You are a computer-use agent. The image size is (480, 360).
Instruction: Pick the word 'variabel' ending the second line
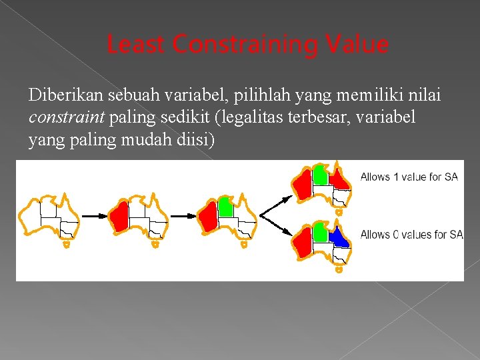[x=389, y=118]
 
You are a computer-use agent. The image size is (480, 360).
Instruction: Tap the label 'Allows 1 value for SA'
[x=409, y=177]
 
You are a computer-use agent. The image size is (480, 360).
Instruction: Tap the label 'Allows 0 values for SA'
[x=411, y=234]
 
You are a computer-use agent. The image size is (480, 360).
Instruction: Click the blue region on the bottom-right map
[x=339, y=237]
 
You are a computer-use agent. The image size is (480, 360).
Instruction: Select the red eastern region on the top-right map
[x=339, y=179]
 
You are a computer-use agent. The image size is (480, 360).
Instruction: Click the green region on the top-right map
[x=320, y=175]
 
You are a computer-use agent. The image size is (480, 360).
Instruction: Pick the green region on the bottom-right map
[x=320, y=233]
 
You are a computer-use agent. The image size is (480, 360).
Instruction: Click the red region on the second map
[x=121, y=217]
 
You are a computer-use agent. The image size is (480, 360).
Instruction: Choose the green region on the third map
[x=226, y=207]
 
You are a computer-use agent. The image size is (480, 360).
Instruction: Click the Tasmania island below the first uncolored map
[x=66, y=245]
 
